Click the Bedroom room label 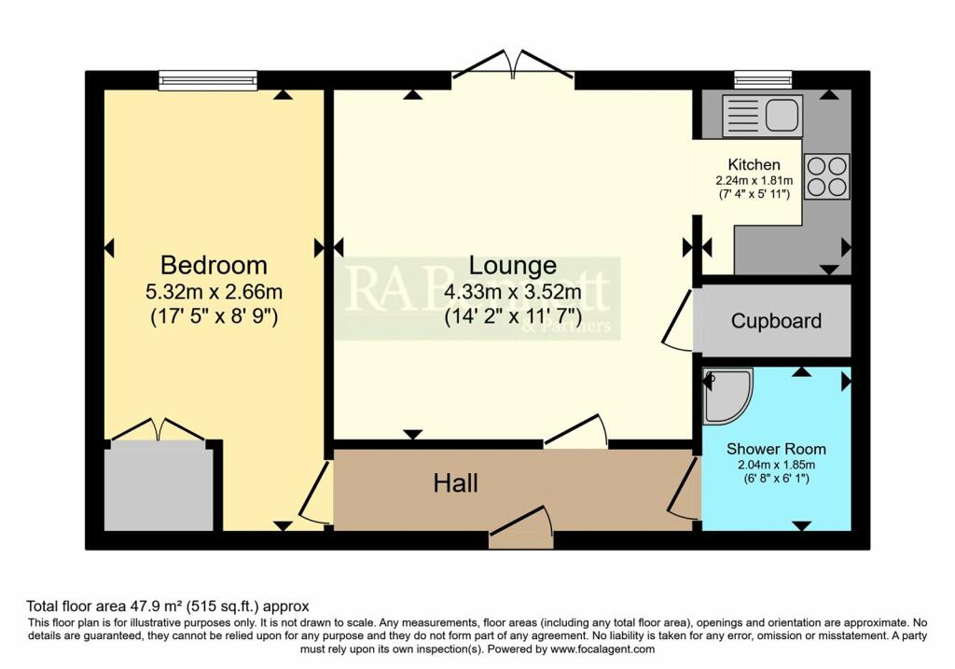214,264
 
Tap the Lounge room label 512,265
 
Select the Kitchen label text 754,164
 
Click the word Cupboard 776,321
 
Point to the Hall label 456,482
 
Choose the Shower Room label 776,449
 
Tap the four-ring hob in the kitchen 826,176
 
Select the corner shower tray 726,396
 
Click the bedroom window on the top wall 207,81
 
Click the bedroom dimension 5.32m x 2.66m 214,291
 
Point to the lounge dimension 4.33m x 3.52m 512,290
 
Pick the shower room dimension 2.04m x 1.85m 776,464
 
